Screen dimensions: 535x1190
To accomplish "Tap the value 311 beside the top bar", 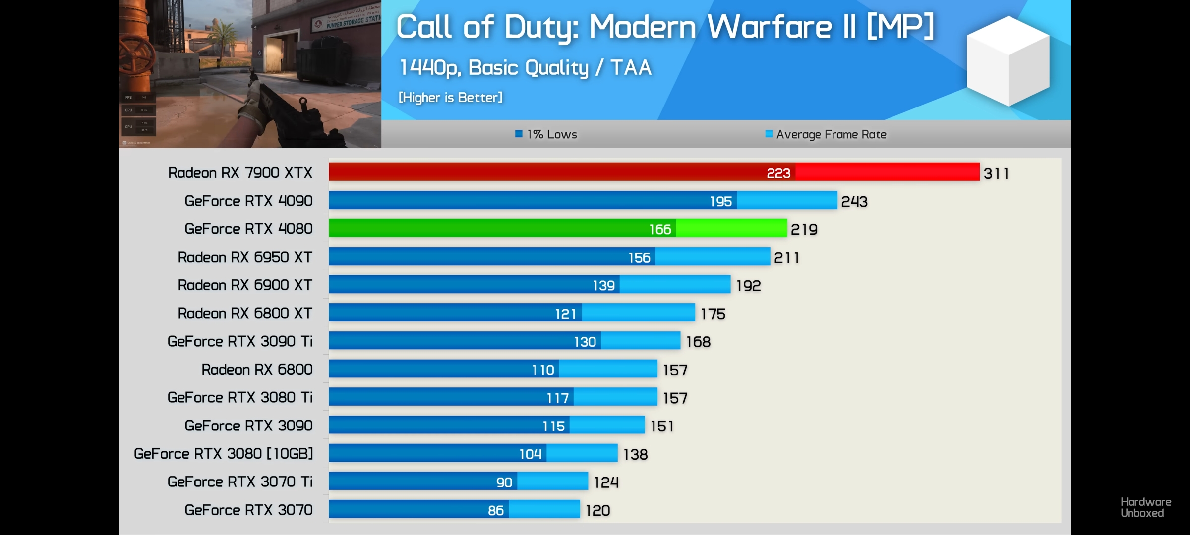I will [996, 173].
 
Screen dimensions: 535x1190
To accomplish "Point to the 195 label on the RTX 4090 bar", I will [720, 201].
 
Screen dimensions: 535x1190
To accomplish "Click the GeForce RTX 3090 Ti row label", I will [240, 341].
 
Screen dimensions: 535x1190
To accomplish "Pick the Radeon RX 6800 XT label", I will [245, 313].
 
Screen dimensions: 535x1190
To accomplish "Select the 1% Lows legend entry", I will [546, 134].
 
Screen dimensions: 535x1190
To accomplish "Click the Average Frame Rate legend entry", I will [826, 134].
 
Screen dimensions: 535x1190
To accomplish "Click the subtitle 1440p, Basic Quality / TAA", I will [526, 68].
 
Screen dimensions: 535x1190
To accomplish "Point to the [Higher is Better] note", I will [450, 97].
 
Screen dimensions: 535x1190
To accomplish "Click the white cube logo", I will [1008, 60].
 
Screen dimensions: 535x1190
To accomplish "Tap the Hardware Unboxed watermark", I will [1145, 508].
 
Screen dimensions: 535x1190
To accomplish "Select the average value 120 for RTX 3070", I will [597, 510].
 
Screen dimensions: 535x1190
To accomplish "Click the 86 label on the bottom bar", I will [495, 510].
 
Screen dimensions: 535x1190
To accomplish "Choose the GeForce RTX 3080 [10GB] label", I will [224, 454].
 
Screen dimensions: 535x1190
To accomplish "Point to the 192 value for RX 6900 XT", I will [748, 286].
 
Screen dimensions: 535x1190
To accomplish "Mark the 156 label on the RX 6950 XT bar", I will [639, 258].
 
